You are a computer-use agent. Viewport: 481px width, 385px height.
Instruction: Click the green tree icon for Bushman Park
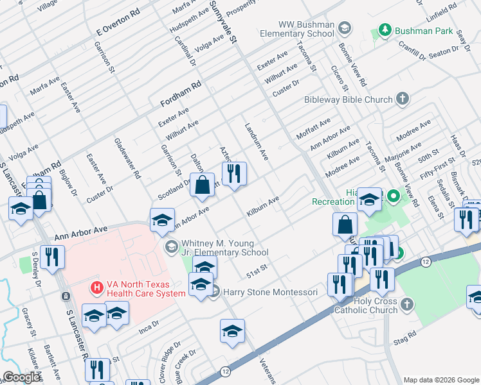[385, 30]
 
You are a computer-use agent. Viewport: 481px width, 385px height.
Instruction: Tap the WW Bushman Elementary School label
[297, 30]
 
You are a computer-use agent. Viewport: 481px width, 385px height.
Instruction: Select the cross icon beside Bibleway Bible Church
[403, 99]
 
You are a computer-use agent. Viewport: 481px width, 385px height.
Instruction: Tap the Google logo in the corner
[21, 377]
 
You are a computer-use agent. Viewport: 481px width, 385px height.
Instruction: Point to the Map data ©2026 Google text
[440, 380]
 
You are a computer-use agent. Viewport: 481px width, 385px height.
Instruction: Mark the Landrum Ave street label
[256, 141]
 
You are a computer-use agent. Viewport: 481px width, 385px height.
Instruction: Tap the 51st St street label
[256, 275]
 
